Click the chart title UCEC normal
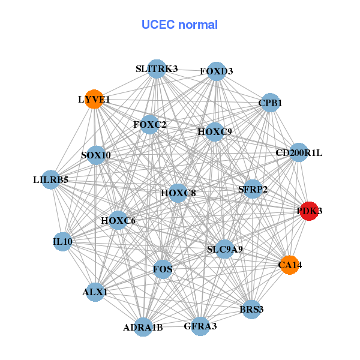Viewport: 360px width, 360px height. click(179, 25)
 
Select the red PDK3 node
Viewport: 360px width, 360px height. click(309, 211)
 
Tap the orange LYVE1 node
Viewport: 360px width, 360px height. click(94, 99)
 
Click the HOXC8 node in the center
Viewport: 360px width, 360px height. click(178, 193)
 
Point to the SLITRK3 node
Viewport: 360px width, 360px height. click(156, 69)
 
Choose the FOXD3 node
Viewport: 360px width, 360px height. click(216, 71)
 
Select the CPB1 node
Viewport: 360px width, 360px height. click(270, 103)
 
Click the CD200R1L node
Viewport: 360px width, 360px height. click(298, 153)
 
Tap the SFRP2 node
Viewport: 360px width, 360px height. click(253, 190)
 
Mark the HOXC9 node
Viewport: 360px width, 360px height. click(214, 131)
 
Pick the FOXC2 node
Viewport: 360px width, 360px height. click(150, 125)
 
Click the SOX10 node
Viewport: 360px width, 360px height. click(96, 155)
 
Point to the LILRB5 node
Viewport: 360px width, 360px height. click(51, 179)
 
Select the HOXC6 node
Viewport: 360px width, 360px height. click(118, 221)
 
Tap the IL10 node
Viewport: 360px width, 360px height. click(62, 242)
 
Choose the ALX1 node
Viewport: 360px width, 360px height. click(95, 292)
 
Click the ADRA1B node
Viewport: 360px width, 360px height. click(143, 327)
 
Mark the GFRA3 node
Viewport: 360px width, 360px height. click(200, 326)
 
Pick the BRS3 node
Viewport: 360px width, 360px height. click(251, 310)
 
